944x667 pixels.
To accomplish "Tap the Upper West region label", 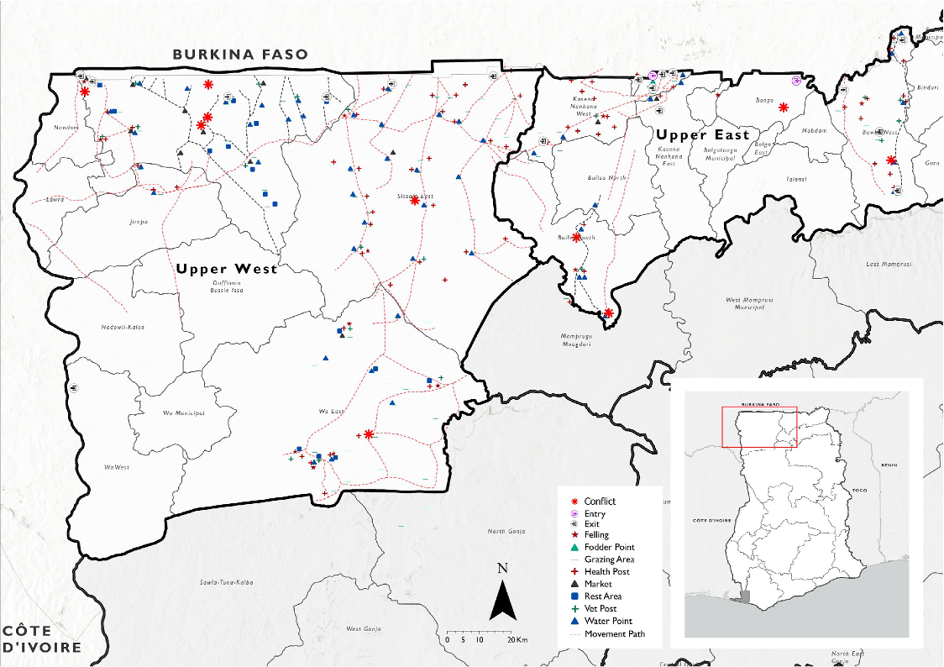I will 227,270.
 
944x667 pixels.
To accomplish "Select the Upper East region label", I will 702,134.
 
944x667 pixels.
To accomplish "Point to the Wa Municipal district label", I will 184,413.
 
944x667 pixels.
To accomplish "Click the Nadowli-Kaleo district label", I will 123,327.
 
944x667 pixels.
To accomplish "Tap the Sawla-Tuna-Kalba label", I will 226,581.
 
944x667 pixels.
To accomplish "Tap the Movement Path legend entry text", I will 615,634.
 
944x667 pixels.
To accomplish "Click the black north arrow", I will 502,601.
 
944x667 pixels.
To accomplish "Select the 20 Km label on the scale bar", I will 517,639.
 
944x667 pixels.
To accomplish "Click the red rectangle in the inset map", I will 759,428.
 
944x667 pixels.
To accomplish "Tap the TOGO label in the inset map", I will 858,490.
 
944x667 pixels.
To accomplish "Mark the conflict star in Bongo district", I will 783,108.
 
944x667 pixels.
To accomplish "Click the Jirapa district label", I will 139,222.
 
